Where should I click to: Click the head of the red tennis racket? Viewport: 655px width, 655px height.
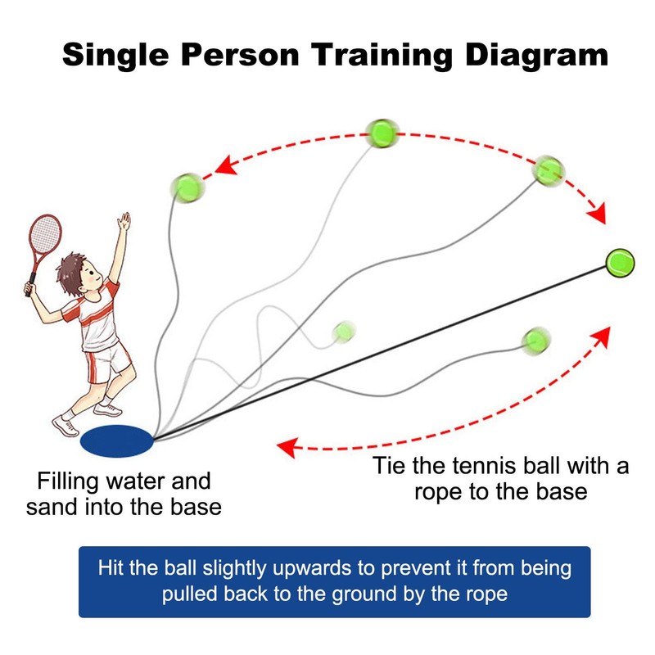click(44, 237)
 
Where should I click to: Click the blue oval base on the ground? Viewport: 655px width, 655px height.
click(117, 440)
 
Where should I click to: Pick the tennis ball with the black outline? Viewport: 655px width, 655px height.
click(620, 262)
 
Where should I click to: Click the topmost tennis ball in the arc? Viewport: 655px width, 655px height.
click(382, 132)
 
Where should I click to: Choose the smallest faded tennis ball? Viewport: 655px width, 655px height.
click(345, 331)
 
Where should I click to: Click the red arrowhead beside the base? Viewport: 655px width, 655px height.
click(286, 446)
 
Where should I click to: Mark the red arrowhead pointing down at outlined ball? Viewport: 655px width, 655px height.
click(598, 215)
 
